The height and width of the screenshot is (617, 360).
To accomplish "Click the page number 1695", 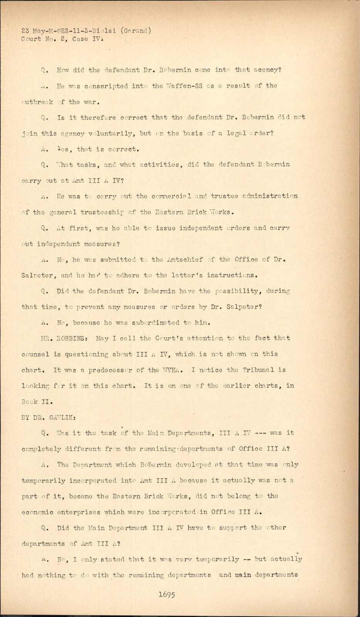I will click(167, 594).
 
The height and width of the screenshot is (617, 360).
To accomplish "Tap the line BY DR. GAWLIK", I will click(48, 417).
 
